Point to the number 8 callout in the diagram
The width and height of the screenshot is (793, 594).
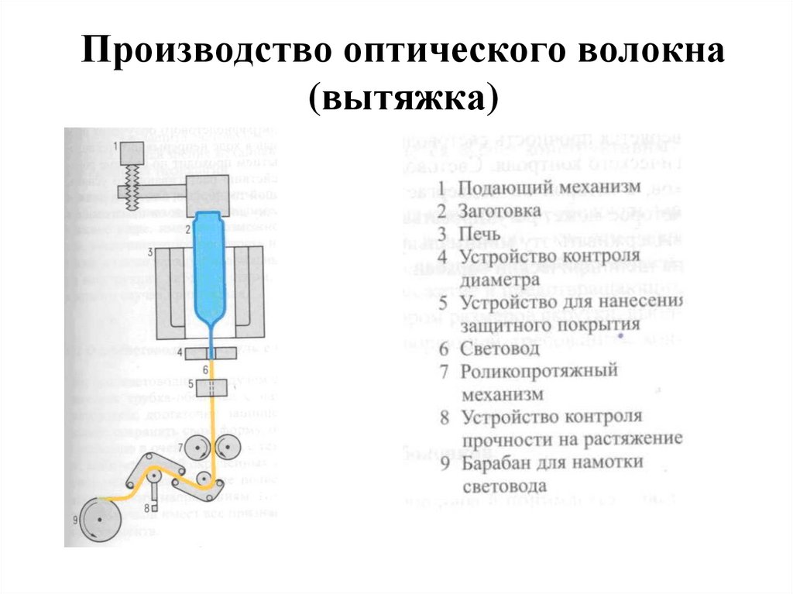point(146,507)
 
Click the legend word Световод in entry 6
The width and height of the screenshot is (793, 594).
point(500,349)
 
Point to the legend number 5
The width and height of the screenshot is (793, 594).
point(443,303)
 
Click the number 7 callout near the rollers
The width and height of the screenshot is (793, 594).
point(180,448)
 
